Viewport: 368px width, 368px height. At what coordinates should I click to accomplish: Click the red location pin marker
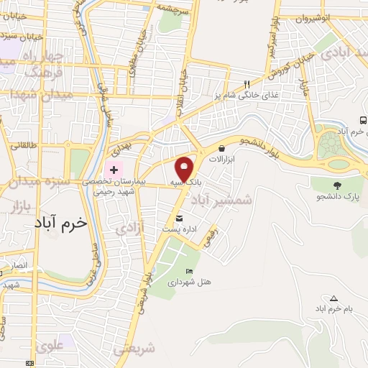(x=185, y=169)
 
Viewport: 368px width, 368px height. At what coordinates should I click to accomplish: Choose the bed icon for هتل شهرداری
(x=189, y=270)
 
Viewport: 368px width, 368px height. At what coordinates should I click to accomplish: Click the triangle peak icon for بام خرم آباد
(x=333, y=298)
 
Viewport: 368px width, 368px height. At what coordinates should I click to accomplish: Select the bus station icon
(x=362, y=120)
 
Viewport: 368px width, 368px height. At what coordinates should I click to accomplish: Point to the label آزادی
(x=130, y=229)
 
